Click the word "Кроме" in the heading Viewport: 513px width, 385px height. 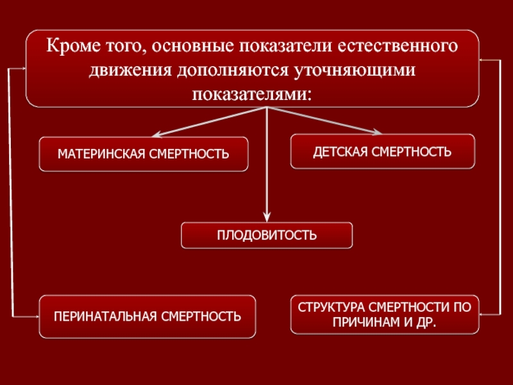71,47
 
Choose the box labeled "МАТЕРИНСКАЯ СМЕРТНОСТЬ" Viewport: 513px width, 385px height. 144,154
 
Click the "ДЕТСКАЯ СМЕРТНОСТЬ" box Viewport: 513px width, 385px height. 383,151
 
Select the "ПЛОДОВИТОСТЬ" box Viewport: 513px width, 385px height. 267,235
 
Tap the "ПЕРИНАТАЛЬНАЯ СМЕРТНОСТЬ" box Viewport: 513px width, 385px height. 147,316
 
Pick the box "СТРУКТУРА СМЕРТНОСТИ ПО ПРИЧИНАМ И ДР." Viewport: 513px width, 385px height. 384,314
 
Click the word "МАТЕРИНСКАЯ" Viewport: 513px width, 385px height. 100,154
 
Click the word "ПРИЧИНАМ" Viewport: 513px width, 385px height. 364,321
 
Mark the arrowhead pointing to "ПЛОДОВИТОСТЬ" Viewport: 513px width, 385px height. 267,218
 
